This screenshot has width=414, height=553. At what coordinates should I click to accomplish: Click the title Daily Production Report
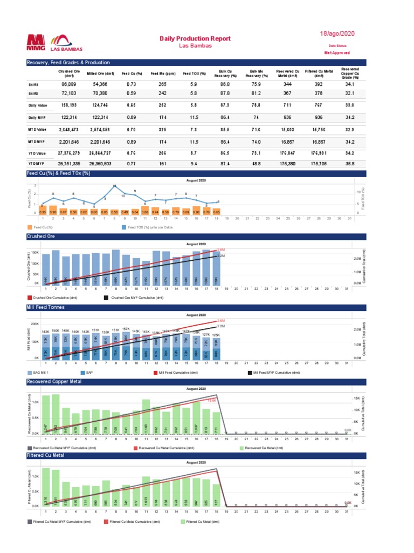(x=196, y=39)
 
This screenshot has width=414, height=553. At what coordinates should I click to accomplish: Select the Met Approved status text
(x=336, y=53)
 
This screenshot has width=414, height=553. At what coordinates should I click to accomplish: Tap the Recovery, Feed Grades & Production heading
(x=68, y=63)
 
